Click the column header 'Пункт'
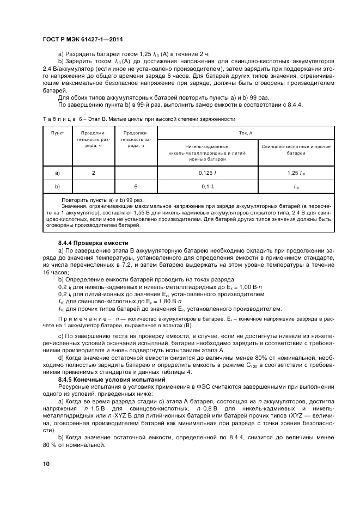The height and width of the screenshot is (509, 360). pyautogui.click(x=58, y=132)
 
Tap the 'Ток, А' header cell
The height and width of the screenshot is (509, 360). pyautogui.click(x=246, y=132)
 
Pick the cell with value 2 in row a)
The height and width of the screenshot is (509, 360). pyautogui.click(x=93, y=173)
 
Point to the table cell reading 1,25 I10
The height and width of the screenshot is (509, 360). pyautogui.click(x=296, y=173)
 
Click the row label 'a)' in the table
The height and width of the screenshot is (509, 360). pyautogui.click(x=58, y=173)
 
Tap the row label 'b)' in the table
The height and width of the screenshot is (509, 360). pyautogui.click(x=58, y=186)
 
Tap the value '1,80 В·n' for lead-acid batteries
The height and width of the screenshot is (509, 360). pyautogui.click(x=159, y=301)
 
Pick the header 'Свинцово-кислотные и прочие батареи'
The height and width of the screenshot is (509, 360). pyautogui.click(x=296, y=149)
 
